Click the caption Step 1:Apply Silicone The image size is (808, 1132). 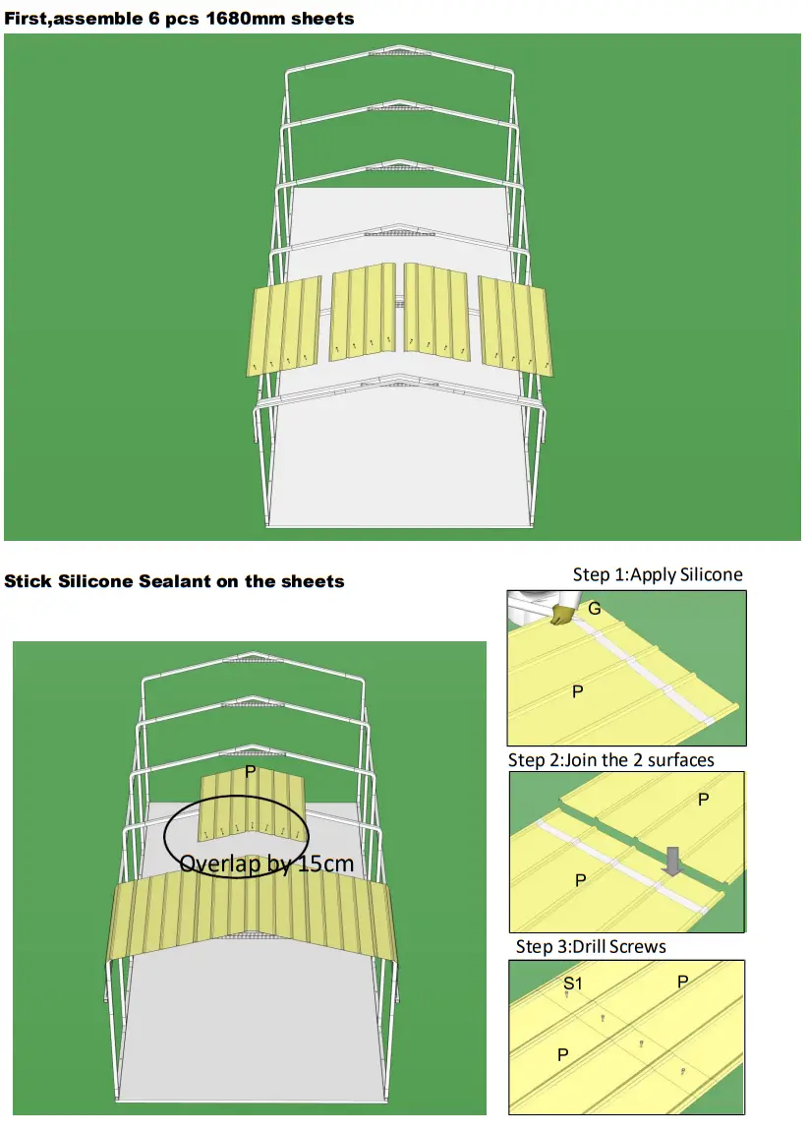click(x=658, y=574)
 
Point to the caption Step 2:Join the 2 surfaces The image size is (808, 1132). click(x=610, y=760)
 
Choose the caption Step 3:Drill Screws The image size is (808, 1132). click(x=591, y=947)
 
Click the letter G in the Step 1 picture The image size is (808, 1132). click(x=594, y=610)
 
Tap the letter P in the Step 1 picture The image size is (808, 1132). click(x=578, y=692)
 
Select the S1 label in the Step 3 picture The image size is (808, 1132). click(x=571, y=983)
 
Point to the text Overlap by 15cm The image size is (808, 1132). click(x=266, y=864)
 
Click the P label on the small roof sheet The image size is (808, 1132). click(x=251, y=772)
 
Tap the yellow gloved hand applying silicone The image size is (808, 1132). click(x=561, y=616)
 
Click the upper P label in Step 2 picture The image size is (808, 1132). click(x=703, y=800)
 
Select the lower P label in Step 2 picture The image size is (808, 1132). click(x=580, y=881)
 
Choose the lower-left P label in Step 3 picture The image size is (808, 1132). click(x=563, y=1054)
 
